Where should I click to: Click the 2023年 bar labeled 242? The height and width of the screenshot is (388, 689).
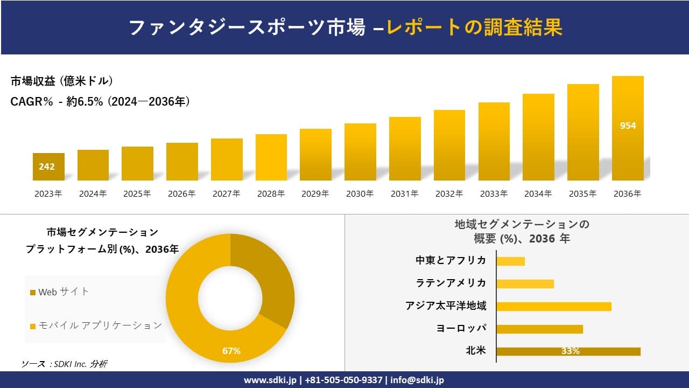coord(48,167)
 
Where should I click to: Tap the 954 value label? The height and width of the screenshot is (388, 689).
coord(628,126)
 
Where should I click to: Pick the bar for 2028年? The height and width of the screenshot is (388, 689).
coord(271,157)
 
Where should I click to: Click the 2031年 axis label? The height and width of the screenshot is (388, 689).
coord(404,194)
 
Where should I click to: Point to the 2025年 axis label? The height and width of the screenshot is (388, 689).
coord(137,194)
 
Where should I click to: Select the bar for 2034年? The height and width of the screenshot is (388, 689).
coord(538,137)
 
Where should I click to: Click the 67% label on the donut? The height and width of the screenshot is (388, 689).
coord(231,351)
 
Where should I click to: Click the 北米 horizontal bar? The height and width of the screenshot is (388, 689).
coord(568,351)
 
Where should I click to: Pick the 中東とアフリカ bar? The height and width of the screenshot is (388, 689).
coord(510,261)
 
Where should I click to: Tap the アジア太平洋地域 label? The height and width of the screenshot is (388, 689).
coord(446,306)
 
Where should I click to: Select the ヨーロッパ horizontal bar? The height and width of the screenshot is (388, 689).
coord(539,329)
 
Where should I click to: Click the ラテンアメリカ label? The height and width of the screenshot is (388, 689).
coord(451,283)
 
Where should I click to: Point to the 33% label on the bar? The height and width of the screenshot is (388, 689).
coord(570,351)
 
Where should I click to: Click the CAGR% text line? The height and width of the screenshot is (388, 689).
coord(100,102)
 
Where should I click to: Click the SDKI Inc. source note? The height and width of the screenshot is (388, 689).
coord(65,364)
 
